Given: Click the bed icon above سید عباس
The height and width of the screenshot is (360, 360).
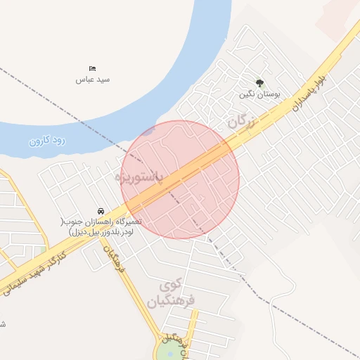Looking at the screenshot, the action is (93, 68).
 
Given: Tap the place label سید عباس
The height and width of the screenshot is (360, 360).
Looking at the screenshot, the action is (93, 79).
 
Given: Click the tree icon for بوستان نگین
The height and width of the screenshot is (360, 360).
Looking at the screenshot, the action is (259, 83).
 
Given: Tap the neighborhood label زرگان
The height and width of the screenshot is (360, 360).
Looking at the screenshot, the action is (239, 122).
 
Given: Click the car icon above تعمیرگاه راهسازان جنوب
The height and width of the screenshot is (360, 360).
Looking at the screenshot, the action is (101, 210).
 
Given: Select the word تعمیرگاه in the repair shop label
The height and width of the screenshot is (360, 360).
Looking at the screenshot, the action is (127, 221).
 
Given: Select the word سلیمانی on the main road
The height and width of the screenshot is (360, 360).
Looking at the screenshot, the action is (15, 284).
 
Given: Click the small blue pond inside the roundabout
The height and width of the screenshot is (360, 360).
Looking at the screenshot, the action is (169, 353).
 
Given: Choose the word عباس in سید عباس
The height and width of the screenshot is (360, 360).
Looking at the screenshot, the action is (84, 79).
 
